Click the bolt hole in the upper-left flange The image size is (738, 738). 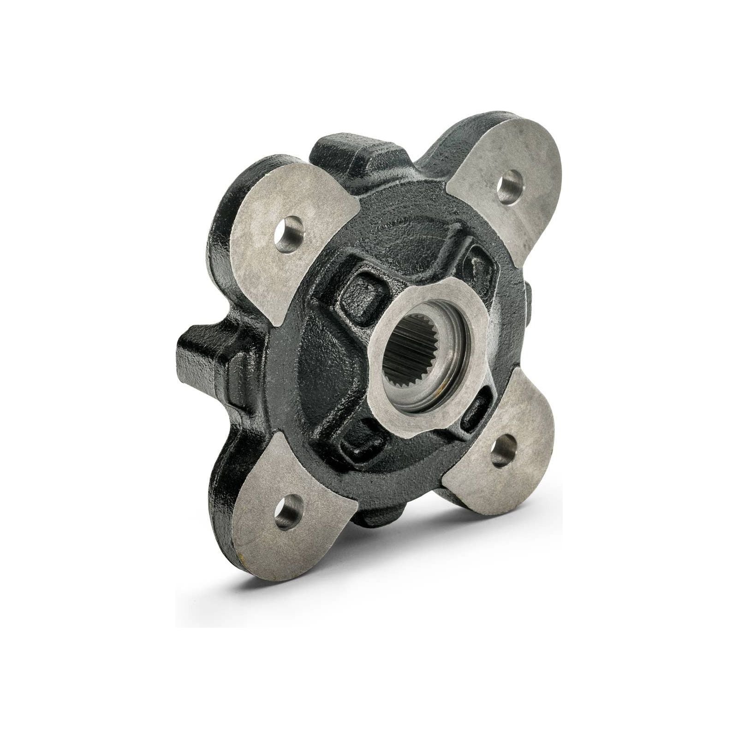point(289,235)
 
